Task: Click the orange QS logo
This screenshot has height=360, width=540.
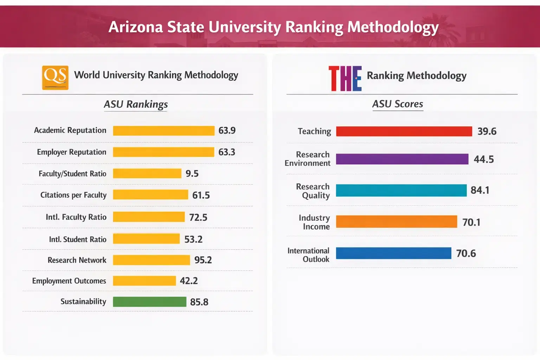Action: coord(55,78)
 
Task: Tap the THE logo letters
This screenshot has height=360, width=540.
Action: coord(345,78)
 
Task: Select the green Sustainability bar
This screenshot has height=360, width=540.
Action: coord(149,302)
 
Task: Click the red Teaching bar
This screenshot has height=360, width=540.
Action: coord(404,131)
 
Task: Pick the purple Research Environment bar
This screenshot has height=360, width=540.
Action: coord(402,159)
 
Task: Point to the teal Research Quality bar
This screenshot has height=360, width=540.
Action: coord(401,190)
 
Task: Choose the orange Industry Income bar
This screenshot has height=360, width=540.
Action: coord(396,222)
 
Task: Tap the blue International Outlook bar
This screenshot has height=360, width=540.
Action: coord(393,253)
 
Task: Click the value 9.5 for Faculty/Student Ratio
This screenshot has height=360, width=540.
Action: coord(192,174)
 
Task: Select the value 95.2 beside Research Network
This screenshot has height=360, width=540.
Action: coord(203,260)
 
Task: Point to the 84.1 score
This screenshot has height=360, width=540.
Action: coord(480,190)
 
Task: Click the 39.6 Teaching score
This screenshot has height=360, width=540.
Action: coord(487,131)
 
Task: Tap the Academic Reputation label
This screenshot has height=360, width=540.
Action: coord(70,130)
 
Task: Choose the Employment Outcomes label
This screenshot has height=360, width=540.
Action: coord(69,281)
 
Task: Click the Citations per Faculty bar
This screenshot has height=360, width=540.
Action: coord(150,195)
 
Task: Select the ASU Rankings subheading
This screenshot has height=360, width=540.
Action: coord(136,104)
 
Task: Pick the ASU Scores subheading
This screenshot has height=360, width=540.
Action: coord(398,104)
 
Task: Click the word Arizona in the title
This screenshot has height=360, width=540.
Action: coord(136,27)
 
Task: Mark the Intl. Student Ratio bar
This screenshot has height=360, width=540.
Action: coord(146,239)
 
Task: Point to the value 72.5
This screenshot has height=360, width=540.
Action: coord(198,218)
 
